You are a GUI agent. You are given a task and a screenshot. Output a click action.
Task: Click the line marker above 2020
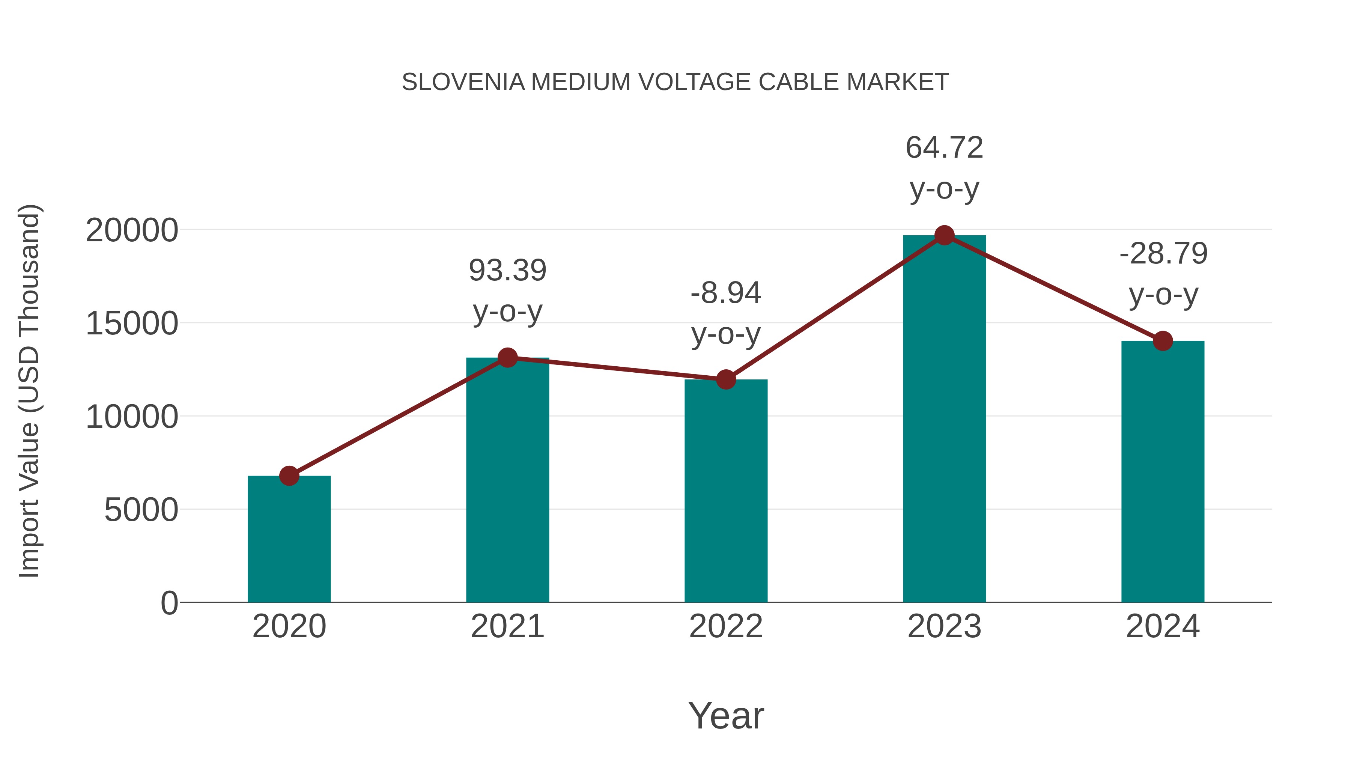[289, 476]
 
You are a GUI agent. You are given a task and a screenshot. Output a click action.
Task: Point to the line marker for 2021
[507, 358]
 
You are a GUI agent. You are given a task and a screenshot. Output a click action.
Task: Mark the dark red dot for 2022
[726, 379]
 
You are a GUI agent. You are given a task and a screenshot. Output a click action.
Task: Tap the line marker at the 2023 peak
[944, 235]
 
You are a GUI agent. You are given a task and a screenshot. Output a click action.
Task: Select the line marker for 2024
[1163, 341]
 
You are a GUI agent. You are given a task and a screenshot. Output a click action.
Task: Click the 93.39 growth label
[507, 271]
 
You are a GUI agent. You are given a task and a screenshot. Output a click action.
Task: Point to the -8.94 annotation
[726, 293]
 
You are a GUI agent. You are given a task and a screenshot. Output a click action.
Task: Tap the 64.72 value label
[944, 147]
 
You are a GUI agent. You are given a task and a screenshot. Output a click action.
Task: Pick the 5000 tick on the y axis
[141, 510]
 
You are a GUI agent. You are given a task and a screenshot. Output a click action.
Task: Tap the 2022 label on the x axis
[726, 626]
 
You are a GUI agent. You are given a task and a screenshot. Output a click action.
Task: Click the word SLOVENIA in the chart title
[463, 82]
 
